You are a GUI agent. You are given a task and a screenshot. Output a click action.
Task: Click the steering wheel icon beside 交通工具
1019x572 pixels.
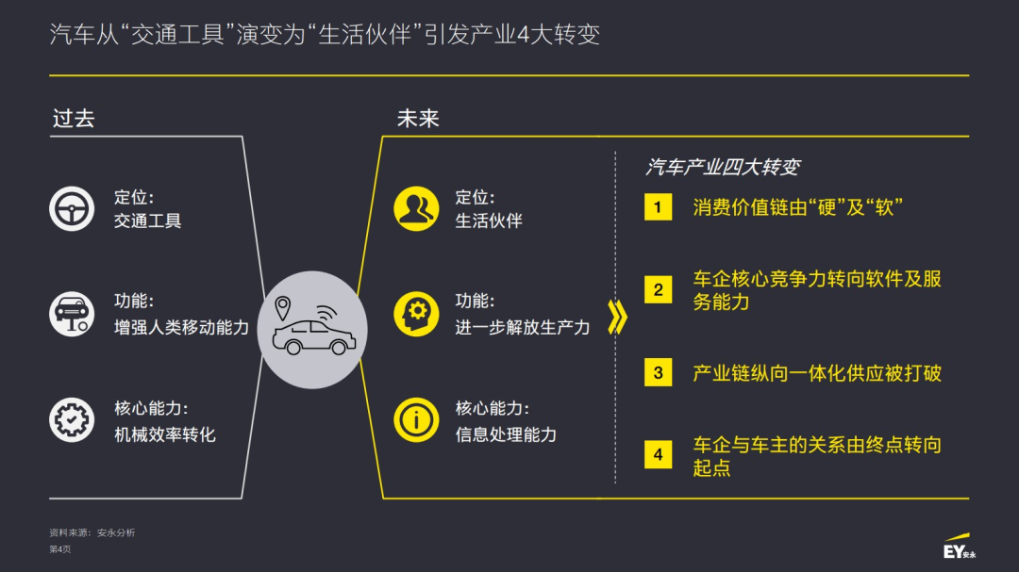pyautogui.click(x=72, y=208)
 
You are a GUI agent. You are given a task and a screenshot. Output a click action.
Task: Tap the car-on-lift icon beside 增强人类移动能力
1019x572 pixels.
pyautogui.click(x=72, y=314)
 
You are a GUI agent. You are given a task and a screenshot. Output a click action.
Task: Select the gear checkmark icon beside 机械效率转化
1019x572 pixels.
pyautogui.click(x=72, y=420)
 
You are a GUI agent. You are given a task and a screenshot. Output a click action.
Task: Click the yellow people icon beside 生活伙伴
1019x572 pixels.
pyautogui.click(x=416, y=208)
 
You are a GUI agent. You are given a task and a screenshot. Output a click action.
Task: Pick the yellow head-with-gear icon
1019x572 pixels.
pyautogui.click(x=416, y=314)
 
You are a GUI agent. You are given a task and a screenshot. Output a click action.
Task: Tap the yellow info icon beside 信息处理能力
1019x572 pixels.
pyautogui.click(x=416, y=420)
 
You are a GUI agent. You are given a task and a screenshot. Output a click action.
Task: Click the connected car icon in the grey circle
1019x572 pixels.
pyautogui.click(x=311, y=329)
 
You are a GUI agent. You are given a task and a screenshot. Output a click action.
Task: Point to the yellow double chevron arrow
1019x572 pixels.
pyautogui.click(x=617, y=319)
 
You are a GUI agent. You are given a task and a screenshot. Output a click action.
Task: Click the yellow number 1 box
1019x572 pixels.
pyautogui.click(x=658, y=207)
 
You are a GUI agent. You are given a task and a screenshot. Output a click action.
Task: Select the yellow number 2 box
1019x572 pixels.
pyautogui.click(x=658, y=290)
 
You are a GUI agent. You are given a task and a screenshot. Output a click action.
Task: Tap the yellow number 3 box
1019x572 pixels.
pyautogui.click(x=658, y=372)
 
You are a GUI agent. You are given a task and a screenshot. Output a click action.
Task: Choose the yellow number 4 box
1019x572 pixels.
pyautogui.click(x=658, y=455)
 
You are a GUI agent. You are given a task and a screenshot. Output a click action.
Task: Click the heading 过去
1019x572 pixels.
pyautogui.click(x=74, y=119)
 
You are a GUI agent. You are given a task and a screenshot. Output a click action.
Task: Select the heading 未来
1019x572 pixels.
pyautogui.click(x=418, y=119)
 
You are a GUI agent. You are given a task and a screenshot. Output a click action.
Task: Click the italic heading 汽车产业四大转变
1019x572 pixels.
pyautogui.click(x=723, y=167)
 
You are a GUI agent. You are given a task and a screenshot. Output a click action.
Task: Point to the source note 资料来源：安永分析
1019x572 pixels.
pyautogui.click(x=92, y=532)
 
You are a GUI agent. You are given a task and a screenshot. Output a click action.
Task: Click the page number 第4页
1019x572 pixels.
pyautogui.click(x=59, y=549)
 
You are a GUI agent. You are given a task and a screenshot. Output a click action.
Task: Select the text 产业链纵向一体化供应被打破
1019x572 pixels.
pyautogui.click(x=817, y=373)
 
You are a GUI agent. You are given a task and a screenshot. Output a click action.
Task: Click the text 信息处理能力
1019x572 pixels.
pyautogui.click(x=506, y=434)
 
